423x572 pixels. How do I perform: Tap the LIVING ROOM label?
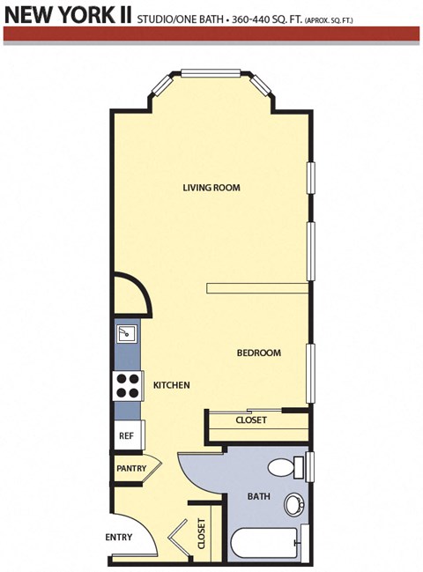(211, 188)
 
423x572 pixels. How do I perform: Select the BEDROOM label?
(258, 353)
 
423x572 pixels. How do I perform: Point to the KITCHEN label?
(172, 386)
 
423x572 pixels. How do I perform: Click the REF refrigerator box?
(126, 435)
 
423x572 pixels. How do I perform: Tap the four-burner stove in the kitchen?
(128, 386)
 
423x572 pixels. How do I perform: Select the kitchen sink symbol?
(127, 334)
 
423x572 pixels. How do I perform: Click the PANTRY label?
(131, 468)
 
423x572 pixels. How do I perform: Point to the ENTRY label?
(119, 538)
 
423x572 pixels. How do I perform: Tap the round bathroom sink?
(293, 505)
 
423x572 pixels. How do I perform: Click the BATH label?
(258, 497)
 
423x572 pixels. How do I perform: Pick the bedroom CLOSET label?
(251, 420)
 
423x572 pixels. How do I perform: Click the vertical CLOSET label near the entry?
(201, 534)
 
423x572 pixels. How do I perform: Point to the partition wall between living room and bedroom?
(257, 287)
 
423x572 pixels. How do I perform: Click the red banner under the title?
(211, 33)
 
